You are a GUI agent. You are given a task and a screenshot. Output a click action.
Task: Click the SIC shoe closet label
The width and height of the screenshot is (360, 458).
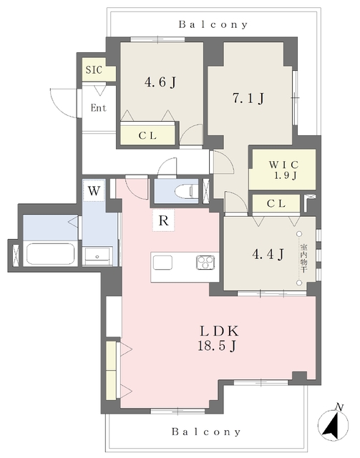click(94, 70)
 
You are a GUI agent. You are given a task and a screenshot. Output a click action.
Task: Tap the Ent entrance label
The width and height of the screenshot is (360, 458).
click(99, 108)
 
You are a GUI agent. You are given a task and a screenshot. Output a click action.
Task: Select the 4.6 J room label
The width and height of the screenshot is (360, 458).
click(160, 82)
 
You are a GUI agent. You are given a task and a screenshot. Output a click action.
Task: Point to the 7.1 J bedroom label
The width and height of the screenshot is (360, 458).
click(248, 99)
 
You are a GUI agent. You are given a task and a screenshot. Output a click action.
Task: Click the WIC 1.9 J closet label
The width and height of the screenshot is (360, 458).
click(283, 170)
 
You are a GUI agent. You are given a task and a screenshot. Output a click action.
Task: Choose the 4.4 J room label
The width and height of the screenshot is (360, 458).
click(268, 255)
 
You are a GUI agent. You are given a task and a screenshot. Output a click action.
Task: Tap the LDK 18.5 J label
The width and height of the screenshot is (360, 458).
click(218, 338)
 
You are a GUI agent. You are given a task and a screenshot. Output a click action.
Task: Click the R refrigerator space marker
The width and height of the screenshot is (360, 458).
click(164, 220)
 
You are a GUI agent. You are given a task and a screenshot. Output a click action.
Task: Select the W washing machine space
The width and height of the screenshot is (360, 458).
click(94, 191)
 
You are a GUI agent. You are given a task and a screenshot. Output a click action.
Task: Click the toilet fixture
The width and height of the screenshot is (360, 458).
click(187, 192)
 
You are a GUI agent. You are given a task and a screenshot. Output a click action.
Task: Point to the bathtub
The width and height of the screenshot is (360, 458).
click(50, 253)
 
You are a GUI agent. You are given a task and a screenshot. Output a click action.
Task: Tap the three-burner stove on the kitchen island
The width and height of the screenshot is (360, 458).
click(205, 262)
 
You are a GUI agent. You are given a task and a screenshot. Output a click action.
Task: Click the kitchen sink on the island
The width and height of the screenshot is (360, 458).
click(162, 263)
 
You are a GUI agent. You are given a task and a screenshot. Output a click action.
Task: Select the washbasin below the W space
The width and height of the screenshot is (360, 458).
click(97, 256)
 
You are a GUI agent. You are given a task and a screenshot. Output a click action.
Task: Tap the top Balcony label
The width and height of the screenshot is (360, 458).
click(213, 24)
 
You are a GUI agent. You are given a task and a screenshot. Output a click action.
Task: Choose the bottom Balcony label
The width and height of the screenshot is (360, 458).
click(206, 432)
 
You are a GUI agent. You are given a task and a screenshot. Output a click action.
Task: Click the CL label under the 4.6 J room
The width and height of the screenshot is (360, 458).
click(147, 135)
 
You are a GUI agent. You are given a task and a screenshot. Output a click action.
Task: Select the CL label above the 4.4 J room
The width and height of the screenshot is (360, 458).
click(276, 203)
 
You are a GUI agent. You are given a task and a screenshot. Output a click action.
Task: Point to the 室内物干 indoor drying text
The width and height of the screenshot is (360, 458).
click(303, 258)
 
